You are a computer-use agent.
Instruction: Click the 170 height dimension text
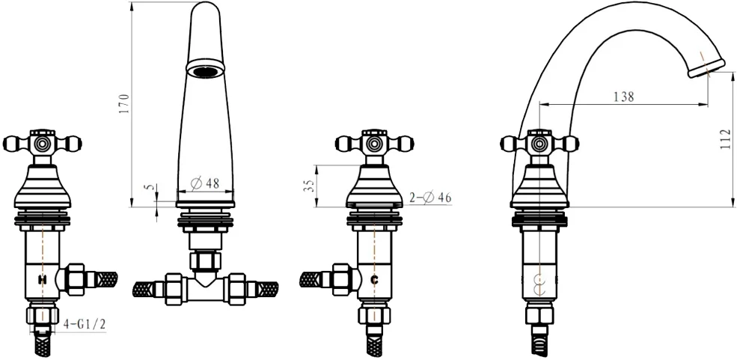124,104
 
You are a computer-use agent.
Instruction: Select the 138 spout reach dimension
624,97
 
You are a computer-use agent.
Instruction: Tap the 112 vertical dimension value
727,139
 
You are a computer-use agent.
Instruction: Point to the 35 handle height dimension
309,185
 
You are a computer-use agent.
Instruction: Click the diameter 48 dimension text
206,183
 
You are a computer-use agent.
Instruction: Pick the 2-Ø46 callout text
430,198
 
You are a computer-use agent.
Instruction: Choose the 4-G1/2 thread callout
85,324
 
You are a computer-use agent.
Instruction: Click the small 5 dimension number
150,188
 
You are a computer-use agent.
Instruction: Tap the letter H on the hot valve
43,280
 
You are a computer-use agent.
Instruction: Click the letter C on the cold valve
375,280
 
